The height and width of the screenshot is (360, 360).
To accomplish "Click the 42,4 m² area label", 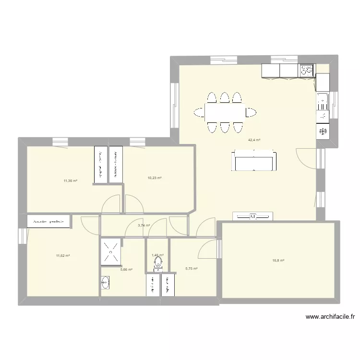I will coord(254,140).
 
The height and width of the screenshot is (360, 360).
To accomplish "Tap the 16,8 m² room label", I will coord(278,261).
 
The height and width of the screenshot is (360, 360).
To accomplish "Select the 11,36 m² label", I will coord(71,181).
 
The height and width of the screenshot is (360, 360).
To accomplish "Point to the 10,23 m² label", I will coord(155,178).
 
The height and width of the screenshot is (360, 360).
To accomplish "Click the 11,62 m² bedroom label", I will coord(63,256).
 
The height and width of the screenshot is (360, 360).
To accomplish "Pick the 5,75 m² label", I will coord(192,269).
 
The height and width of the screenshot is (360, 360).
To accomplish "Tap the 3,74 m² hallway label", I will coord(144,225).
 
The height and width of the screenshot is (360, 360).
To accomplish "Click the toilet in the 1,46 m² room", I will coord(158,263).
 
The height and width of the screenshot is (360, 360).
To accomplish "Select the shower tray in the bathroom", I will coord(110,252).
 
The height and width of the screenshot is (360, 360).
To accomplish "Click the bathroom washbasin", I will coord(105,283).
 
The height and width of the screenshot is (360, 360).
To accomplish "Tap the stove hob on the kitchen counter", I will coord(306,71).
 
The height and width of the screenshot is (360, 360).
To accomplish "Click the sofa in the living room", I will coord(254,160).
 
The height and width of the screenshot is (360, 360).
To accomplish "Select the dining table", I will coord(224,112).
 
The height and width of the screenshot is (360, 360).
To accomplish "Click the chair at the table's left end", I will coord(199,112).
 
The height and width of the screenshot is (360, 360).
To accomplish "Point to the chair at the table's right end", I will coord(250,112).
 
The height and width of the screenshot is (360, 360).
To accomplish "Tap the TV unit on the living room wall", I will coord(252,217).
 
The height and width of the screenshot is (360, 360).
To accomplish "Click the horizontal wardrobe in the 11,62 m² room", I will coord(49,221).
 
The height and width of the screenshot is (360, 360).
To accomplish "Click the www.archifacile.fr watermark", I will coord(332,317).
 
